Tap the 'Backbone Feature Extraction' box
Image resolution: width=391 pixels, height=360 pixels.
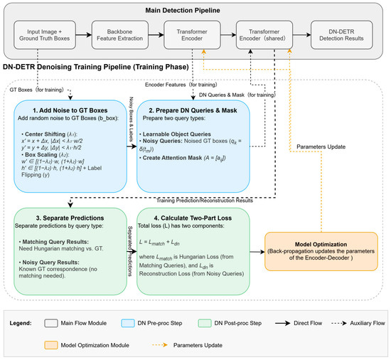(119, 35)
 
